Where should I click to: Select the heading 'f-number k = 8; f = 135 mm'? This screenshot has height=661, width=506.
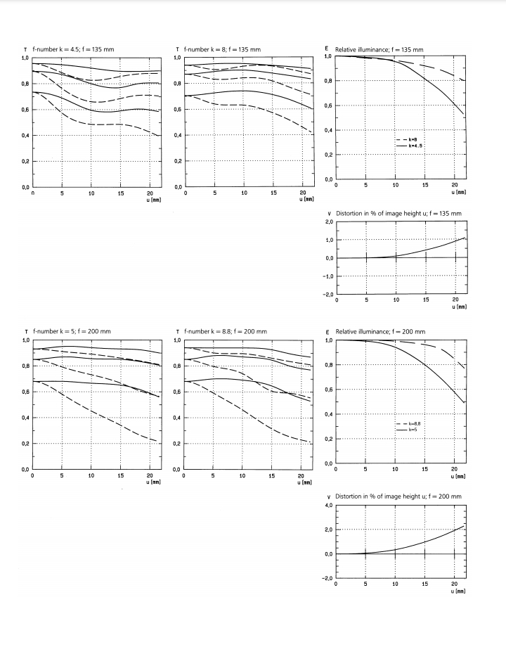coord(222,49)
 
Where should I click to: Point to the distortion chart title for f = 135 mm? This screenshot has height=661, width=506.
coord(398,213)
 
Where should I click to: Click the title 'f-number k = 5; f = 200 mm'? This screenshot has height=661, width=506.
coord(72,331)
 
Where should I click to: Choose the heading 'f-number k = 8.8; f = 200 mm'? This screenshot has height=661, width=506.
coord(225,331)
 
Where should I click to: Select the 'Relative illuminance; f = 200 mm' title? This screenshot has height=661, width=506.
coord(380,331)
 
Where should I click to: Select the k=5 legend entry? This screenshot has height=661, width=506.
coord(413,428)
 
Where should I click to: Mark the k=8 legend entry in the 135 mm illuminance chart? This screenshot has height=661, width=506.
coord(414,141)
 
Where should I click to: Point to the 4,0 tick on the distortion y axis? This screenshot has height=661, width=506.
coord(327,505)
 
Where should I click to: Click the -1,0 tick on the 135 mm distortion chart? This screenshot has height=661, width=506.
coord(327,276)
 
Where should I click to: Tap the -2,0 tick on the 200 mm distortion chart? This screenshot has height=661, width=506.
coord(327,578)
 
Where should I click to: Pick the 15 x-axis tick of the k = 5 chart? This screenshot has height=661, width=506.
coord(121,476)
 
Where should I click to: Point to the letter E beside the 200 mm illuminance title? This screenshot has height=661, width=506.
coord(328,331)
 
